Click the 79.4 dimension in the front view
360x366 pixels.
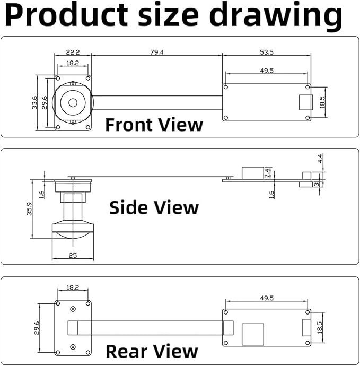pyautogui.click(x=156, y=52)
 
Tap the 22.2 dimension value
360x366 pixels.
pyautogui.click(x=73, y=52)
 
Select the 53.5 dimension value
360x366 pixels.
pyautogui.click(x=267, y=52)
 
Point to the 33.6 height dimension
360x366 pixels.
pyautogui.click(x=34, y=103)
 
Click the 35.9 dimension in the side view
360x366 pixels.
pyautogui.click(x=29, y=208)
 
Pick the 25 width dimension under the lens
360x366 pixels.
pyautogui.click(x=73, y=255)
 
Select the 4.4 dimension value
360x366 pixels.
pyautogui.click(x=320, y=159)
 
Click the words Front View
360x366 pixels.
pyautogui.click(x=154, y=125)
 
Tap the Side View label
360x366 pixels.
pyautogui.click(x=154, y=207)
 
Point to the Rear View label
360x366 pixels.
pyautogui.click(x=152, y=351)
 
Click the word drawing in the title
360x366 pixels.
pyautogui.click(x=276, y=15)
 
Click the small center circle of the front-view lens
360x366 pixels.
pyautogui.click(x=73, y=103)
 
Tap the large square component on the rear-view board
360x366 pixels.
pyautogui.click(x=253, y=334)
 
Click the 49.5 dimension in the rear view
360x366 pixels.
pyautogui.click(x=267, y=298)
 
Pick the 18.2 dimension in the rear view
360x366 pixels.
pyautogui.click(x=73, y=287)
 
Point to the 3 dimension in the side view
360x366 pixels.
pyautogui.click(x=317, y=184)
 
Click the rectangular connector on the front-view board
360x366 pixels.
pyautogui.click(x=306, y=102)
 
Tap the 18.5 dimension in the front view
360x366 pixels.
pyautogui.click(x=322, y=102)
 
